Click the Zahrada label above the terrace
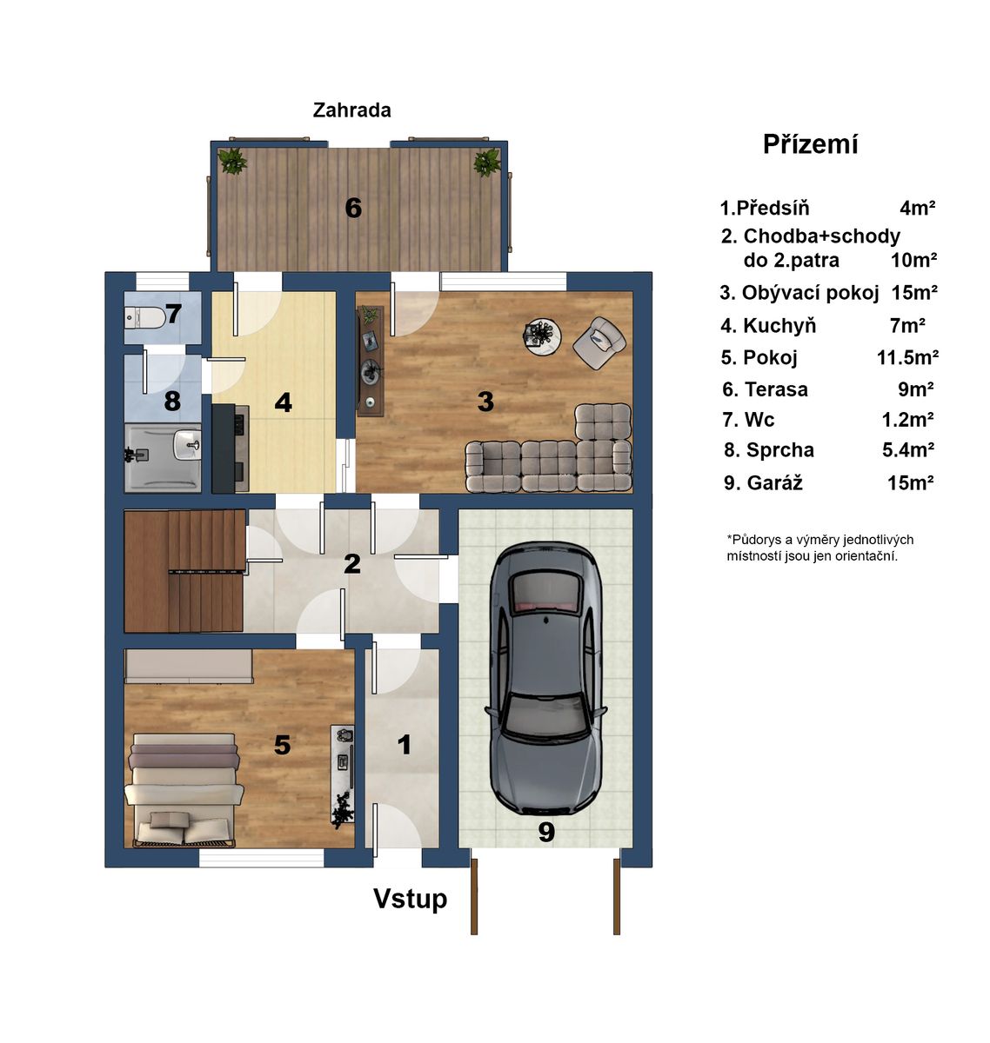pyautogui.click(x=351, y=110)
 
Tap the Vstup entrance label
pyautogui.click(x=410, y=899)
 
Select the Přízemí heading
pyautogui.click(x=810, y=143)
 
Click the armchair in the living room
pyautogui.click(x=599, y=342)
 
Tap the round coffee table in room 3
pyautogui.click(x=543, y=336)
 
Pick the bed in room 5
pyautogui.click(x=184, y=789)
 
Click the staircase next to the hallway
pyautogui.click(x=184, y=571)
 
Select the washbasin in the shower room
pyautogui.click(x=187, y=443)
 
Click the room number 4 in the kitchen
pyautogui.click(x=283, y=402)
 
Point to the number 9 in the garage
pyautogui.click(x=546, y=833)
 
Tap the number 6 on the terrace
pyautogui.click(x=353, y=208)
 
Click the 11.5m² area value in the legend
pyautogui.click(x=907, y=357)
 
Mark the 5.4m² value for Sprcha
pyautogui.click(x=908, y=450)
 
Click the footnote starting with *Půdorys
pyautogui.click(x=820, y=548)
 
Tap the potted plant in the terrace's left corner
pyautogui.click(x=232, y=161)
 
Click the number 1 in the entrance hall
pyautogui.click(x=405, y=746)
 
